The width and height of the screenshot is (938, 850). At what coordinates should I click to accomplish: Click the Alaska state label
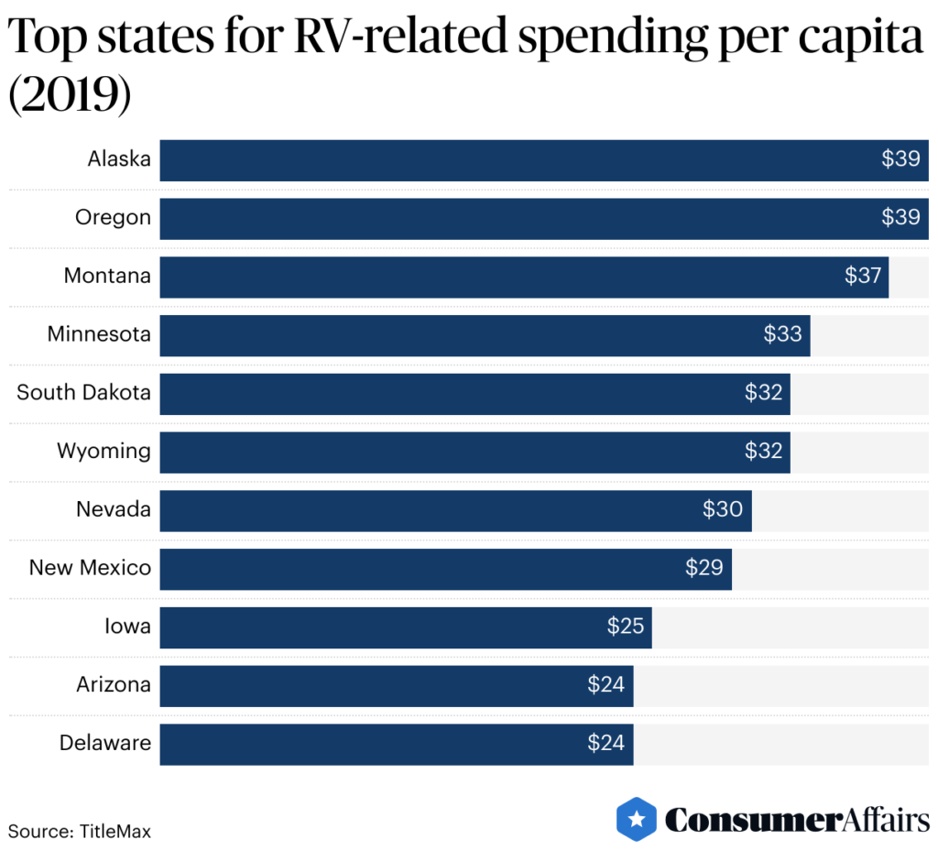tap(119, 159)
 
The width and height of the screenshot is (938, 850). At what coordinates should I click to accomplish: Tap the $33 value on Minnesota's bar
tap(782, 334)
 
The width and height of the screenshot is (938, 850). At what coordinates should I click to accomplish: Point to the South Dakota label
tap(83, 393)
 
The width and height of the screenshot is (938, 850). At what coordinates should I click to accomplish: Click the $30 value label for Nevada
tap(722, 510)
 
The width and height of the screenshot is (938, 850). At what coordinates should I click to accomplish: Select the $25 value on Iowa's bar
tap(626, 627)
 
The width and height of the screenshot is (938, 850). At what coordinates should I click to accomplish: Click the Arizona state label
tap(114, 684)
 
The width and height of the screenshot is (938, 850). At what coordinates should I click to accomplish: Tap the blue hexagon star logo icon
tap(637, 818)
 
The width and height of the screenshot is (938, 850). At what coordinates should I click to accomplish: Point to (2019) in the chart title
tap(70, 95)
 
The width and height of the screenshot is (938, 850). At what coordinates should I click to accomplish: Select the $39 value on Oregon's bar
tap(900, 218)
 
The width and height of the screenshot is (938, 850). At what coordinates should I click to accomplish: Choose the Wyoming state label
tap(104, 452)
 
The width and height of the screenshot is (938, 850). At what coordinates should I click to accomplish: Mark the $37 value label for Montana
tap(862, 276)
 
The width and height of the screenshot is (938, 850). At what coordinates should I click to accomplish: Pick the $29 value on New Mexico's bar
tap(703, 568)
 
